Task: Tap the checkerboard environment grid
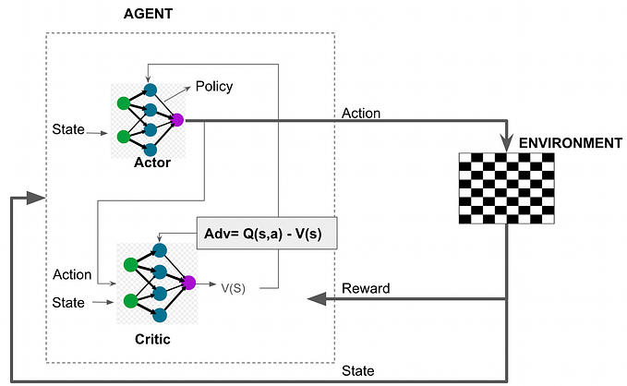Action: (x=507, y=188)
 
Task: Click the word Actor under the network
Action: (x=151, y=162)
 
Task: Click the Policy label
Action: (x=213, y=86)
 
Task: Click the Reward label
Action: (x=365, y=288)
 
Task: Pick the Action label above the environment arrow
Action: (x=361, y=114)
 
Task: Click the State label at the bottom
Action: (x=356, y=370)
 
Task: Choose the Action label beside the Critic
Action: (x=73, y=274)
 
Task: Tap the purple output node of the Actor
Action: (x=177, y=120)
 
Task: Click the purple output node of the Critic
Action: (x=189, y=283)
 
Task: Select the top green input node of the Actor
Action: (x=123, y=104)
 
